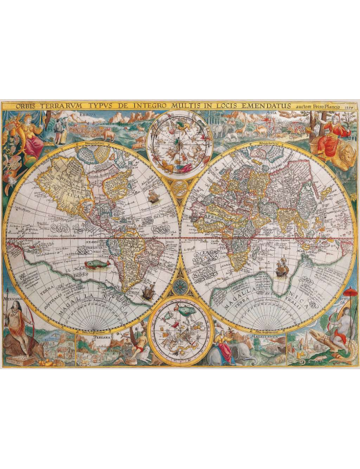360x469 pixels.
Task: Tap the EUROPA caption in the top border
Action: click(89, 114)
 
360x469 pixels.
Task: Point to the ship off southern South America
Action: click(147, 293)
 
